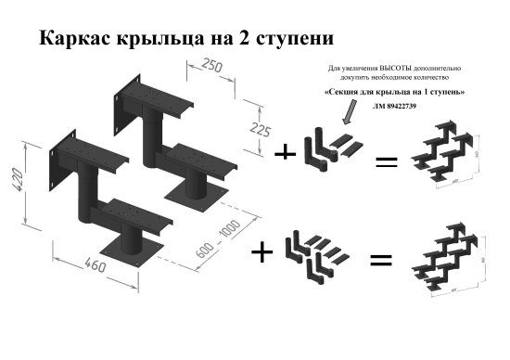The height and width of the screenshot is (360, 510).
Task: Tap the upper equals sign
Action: tap(385, 162)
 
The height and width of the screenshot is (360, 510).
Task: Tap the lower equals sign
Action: tap(380, 261)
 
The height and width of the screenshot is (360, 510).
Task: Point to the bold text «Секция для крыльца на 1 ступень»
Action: tap(395, 94)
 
